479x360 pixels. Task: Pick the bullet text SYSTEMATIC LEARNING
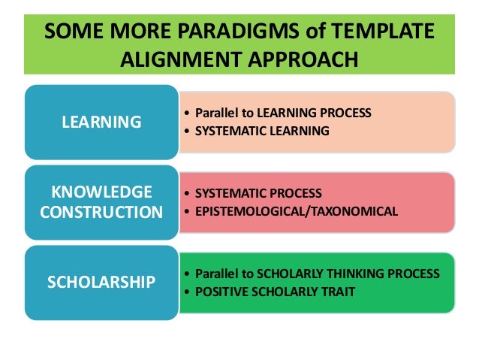tap(261, 131)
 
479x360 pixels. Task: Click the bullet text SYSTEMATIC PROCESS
tap(258, 193)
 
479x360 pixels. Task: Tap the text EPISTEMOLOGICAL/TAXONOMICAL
tap(296, 211)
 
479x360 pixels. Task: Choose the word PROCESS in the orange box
tap(345, 113)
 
